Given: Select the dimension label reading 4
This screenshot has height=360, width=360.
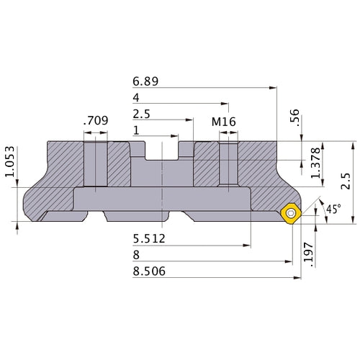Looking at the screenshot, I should point(137,98).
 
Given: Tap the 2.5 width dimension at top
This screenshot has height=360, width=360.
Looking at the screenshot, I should point(142,114).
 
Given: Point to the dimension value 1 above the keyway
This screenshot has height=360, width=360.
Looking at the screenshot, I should point(137,130).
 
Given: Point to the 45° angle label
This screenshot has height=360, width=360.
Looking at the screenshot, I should point(333,210).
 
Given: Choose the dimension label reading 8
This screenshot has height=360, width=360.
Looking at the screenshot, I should point(137,256).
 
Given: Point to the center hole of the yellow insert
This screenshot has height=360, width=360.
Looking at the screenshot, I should point(290,213).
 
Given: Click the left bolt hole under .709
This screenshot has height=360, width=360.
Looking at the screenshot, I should point(95,164).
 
